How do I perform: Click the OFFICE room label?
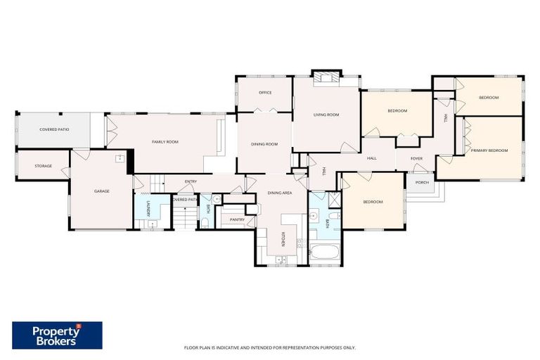265,92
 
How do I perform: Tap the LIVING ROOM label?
326,115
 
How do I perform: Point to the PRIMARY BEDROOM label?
489,150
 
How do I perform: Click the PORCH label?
422,182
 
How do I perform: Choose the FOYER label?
417,158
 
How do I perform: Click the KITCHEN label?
283,240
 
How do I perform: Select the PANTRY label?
237,219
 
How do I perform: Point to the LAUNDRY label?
148,210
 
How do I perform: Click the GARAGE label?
101,191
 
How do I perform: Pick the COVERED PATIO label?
53,129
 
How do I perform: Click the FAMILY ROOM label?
165,142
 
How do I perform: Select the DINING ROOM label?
264,144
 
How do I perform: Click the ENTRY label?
191,182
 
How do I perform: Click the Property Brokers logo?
57,335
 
